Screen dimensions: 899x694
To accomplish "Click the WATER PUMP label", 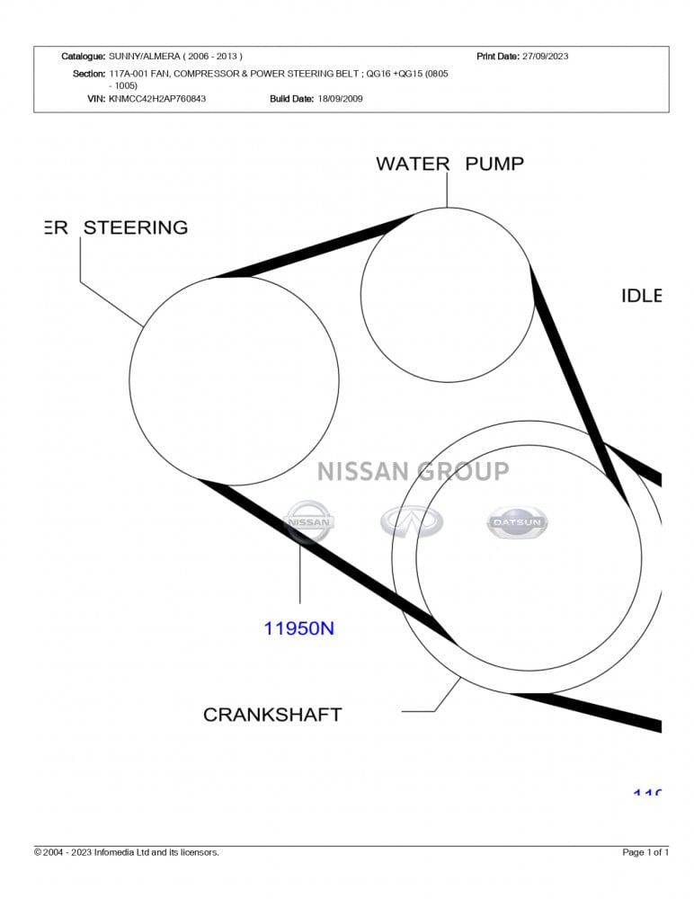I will point(449,164).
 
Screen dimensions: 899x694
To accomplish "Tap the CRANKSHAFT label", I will point(272,715).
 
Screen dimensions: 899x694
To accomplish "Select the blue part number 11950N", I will point(298,628).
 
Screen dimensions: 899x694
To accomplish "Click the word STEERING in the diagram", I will point(136,227).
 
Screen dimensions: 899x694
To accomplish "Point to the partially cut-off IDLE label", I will point(641,296).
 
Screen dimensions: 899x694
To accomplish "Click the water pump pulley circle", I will point(447,295).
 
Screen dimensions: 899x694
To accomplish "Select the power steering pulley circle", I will point(234,380).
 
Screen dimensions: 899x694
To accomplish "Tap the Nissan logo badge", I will point(308,522).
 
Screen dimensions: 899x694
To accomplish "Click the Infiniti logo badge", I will point(412,521).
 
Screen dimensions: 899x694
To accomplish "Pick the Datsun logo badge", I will point(517,522).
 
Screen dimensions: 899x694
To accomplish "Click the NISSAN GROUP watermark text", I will point(413,471).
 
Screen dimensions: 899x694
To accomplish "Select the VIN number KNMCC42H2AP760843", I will point(157,99).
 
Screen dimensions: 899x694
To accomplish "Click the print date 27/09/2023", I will point(546,57).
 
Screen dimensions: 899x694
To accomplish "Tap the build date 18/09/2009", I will point(340,99).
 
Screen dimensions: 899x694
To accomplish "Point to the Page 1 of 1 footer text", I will point(645,852).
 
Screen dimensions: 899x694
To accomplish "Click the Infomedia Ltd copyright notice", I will point(127,852).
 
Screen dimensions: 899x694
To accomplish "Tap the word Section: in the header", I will point(88,74).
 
